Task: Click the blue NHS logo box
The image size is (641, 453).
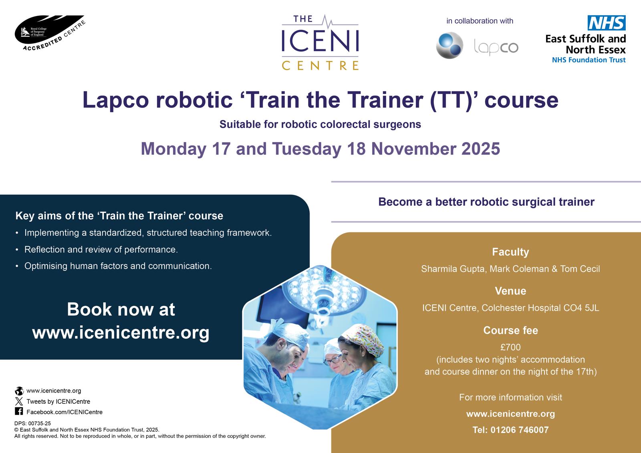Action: [607, 22]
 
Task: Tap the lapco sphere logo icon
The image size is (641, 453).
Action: [450, 46]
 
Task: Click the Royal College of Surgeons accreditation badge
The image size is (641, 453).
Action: [50, 33]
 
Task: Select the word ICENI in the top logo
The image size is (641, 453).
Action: [320, 41]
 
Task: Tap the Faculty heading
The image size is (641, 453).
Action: [510, 252]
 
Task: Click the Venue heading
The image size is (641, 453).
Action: [510, 291]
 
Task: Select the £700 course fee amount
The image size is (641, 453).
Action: [510, 347]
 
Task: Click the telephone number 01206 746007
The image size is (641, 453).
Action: [520, 430]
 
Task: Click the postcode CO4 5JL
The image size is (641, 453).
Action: [581, 308]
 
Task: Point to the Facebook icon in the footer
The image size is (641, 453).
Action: [19, 411]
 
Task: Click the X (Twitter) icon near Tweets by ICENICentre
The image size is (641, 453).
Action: [19, 401]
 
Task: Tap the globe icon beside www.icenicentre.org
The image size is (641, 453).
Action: [19, 391]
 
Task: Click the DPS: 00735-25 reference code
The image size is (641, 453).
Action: [32, 423]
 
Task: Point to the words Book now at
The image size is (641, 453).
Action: [121, 309]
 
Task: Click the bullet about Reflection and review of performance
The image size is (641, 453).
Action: [101, 250]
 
